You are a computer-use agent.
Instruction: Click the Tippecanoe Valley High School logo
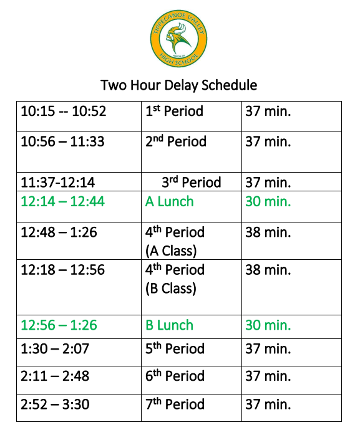coord(179,39)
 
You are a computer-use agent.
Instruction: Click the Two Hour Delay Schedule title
coord(179,85)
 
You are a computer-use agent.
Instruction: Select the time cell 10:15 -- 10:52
coord(64,112)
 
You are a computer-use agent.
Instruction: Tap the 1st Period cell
coord(174,112)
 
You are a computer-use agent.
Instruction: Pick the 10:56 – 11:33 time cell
coord(62,141)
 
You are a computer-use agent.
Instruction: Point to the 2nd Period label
coord(176,141)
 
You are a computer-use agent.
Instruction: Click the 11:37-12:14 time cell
coord(58,182)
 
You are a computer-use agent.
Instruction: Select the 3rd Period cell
coord(191,182)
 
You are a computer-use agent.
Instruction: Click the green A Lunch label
coord(170,201)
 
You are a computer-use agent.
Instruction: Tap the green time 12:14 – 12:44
coord(63,201)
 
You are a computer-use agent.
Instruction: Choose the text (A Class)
coord(171,251)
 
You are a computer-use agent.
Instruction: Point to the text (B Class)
coord(171,289)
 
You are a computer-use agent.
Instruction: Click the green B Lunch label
coord(170,325)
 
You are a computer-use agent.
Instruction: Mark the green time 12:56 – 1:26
coord(60,325)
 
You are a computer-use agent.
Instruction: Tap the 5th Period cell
coord(175,348)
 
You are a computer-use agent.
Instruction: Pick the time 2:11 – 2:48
coord(55,376)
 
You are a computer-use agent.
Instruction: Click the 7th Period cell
coord(175,404)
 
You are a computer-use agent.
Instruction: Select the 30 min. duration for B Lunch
coord(268,325)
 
